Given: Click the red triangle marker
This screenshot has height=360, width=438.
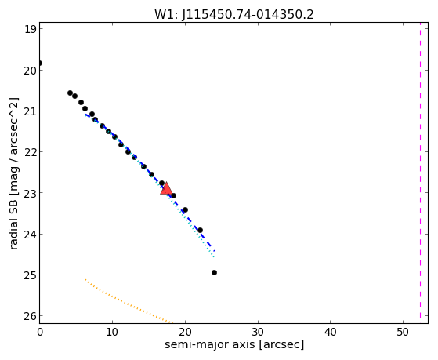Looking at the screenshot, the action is click(166, 188).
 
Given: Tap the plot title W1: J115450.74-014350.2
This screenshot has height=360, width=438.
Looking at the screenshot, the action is click(234, 14).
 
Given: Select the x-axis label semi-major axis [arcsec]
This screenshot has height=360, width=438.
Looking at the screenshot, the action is click(234, 344).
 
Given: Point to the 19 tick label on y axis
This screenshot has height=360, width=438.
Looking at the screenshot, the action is click(31, 29).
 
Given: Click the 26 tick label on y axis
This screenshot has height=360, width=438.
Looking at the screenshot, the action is click(31, 316).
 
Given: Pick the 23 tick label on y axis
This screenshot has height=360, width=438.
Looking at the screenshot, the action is click(31, 193).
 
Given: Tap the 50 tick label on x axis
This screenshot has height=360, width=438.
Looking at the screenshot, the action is click(403, 332).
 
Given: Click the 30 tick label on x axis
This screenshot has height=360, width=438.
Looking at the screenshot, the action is click(258, 332).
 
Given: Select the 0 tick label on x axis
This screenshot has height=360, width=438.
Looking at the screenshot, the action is click(40, 332).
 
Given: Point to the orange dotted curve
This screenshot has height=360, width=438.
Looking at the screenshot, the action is click(129, 301).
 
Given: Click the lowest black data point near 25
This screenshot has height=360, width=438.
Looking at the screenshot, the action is click(214, 272).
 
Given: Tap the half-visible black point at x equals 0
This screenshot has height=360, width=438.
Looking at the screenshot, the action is click(40, 63).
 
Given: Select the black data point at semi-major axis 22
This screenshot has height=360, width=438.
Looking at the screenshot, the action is click(200, 231).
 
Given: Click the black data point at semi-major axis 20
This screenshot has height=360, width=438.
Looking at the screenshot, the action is click(185, 209).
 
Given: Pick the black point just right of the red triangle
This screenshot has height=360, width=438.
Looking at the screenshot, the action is click(173, 195).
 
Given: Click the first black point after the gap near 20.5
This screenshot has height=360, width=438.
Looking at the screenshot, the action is click(70, 93).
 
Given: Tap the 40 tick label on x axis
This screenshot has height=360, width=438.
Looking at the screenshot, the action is click(331, 332).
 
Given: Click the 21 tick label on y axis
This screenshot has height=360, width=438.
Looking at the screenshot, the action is click(31, 111).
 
